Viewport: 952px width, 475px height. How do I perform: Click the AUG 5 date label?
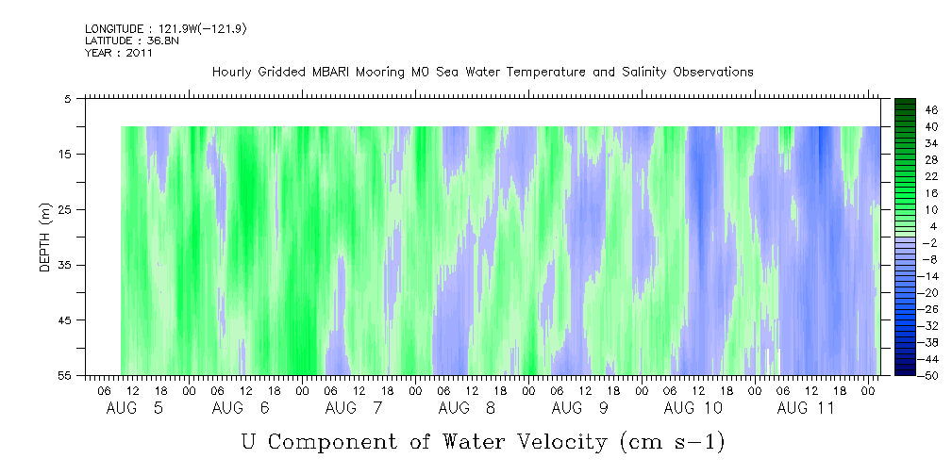135,408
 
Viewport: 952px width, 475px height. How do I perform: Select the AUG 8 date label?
466,408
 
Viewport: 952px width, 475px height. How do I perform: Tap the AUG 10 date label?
693,408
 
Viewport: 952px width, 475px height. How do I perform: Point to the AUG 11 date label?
806,408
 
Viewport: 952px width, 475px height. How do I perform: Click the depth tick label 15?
64,154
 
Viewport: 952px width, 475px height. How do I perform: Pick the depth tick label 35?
64,265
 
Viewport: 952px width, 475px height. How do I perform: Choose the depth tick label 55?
64,375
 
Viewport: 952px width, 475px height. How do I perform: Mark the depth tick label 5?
67,98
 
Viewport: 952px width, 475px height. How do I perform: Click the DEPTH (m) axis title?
45,237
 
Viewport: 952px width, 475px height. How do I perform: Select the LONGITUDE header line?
166,28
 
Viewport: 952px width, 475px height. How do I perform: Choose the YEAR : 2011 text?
118,53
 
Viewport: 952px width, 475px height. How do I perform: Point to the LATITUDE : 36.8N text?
132,41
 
